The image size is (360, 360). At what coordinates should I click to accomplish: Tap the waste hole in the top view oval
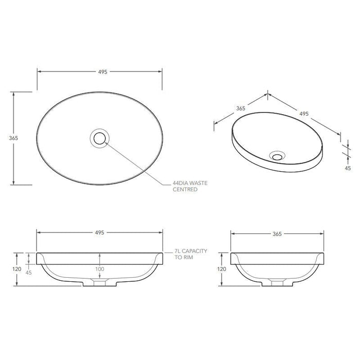(99, 138)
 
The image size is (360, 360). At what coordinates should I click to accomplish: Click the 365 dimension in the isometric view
(240, 109)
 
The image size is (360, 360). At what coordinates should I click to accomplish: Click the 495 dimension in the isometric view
(303, 114)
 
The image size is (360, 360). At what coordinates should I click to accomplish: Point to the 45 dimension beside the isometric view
(347, 167)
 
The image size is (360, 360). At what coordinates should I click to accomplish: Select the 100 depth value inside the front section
(99, 269)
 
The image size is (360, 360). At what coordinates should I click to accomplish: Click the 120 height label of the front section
(17, 269)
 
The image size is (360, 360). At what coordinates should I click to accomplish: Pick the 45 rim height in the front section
(29, 273)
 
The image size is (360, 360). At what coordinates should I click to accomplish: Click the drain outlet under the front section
(100, 284)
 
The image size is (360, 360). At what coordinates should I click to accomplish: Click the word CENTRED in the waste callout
(185, 190)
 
